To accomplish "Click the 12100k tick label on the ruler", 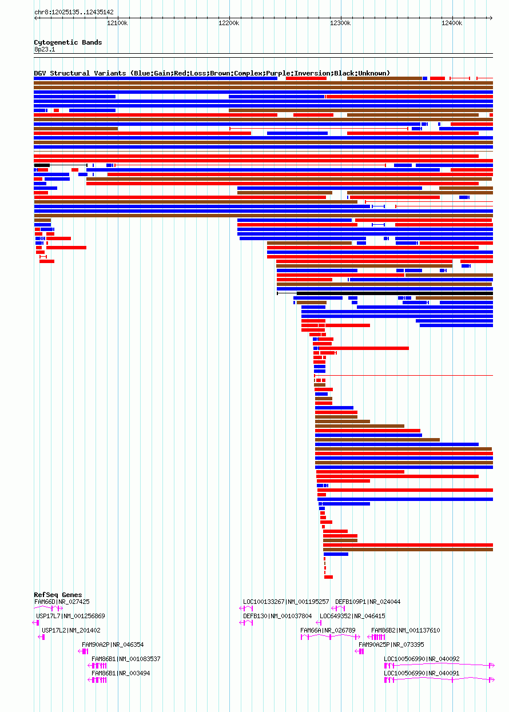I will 117,23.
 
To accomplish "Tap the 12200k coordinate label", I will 229,23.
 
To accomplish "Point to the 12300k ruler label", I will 340,23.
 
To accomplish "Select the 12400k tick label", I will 452,23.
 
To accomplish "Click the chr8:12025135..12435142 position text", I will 74,12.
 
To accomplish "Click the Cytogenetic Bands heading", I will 67,42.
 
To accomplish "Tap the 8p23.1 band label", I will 45,50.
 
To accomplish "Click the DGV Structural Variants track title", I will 212,73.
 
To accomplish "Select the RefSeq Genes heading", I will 58,595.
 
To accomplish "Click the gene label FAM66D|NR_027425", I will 62,602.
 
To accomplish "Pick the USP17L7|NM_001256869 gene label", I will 70,616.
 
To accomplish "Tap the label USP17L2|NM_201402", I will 71,630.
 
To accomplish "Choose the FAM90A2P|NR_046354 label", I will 113,645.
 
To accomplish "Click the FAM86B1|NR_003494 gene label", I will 121,673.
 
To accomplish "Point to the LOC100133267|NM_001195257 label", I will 286,602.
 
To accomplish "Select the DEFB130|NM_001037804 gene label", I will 277,616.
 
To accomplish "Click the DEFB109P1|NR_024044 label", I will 368,602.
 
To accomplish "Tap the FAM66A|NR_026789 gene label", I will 328,630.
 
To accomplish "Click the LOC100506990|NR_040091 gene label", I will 421,673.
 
